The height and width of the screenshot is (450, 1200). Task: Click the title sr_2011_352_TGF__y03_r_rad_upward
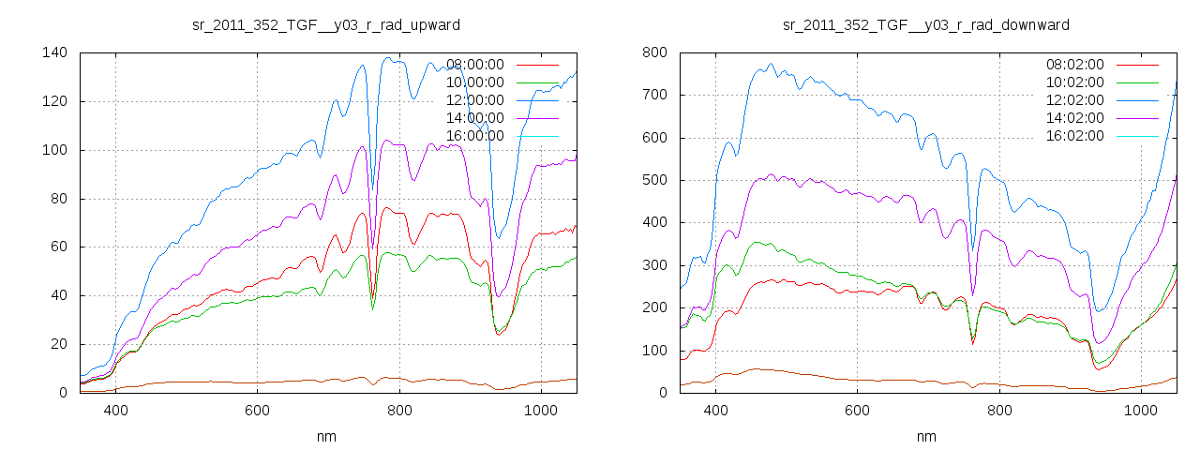pos(325,24)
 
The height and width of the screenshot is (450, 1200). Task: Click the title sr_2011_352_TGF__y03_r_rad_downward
pos(925,24)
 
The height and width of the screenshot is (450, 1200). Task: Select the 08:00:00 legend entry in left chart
pos(475,65)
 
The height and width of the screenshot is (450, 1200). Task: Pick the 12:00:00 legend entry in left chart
pos(475,100)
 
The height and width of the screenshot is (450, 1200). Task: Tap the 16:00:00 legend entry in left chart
pos(475,136)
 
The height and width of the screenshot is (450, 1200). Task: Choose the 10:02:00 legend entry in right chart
pos(1075,82)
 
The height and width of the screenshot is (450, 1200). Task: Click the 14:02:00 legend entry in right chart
pos(1075,118)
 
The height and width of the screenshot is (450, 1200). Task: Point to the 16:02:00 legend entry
pos(1075,136)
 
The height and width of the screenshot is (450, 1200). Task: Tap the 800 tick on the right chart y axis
pos(654,52)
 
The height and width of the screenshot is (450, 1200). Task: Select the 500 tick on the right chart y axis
pos(654,180)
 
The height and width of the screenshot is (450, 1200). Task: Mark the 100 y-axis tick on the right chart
pos(654,351)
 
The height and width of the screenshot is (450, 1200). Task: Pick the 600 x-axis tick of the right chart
pos(857,410)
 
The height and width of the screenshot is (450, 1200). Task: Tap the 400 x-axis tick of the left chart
pos(115,410)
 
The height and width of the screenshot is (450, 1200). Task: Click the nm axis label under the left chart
pos(325,436)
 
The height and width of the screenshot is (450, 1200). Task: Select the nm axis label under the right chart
pos(925,436)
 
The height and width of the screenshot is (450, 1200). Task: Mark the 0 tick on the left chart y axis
pos(62,393)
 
